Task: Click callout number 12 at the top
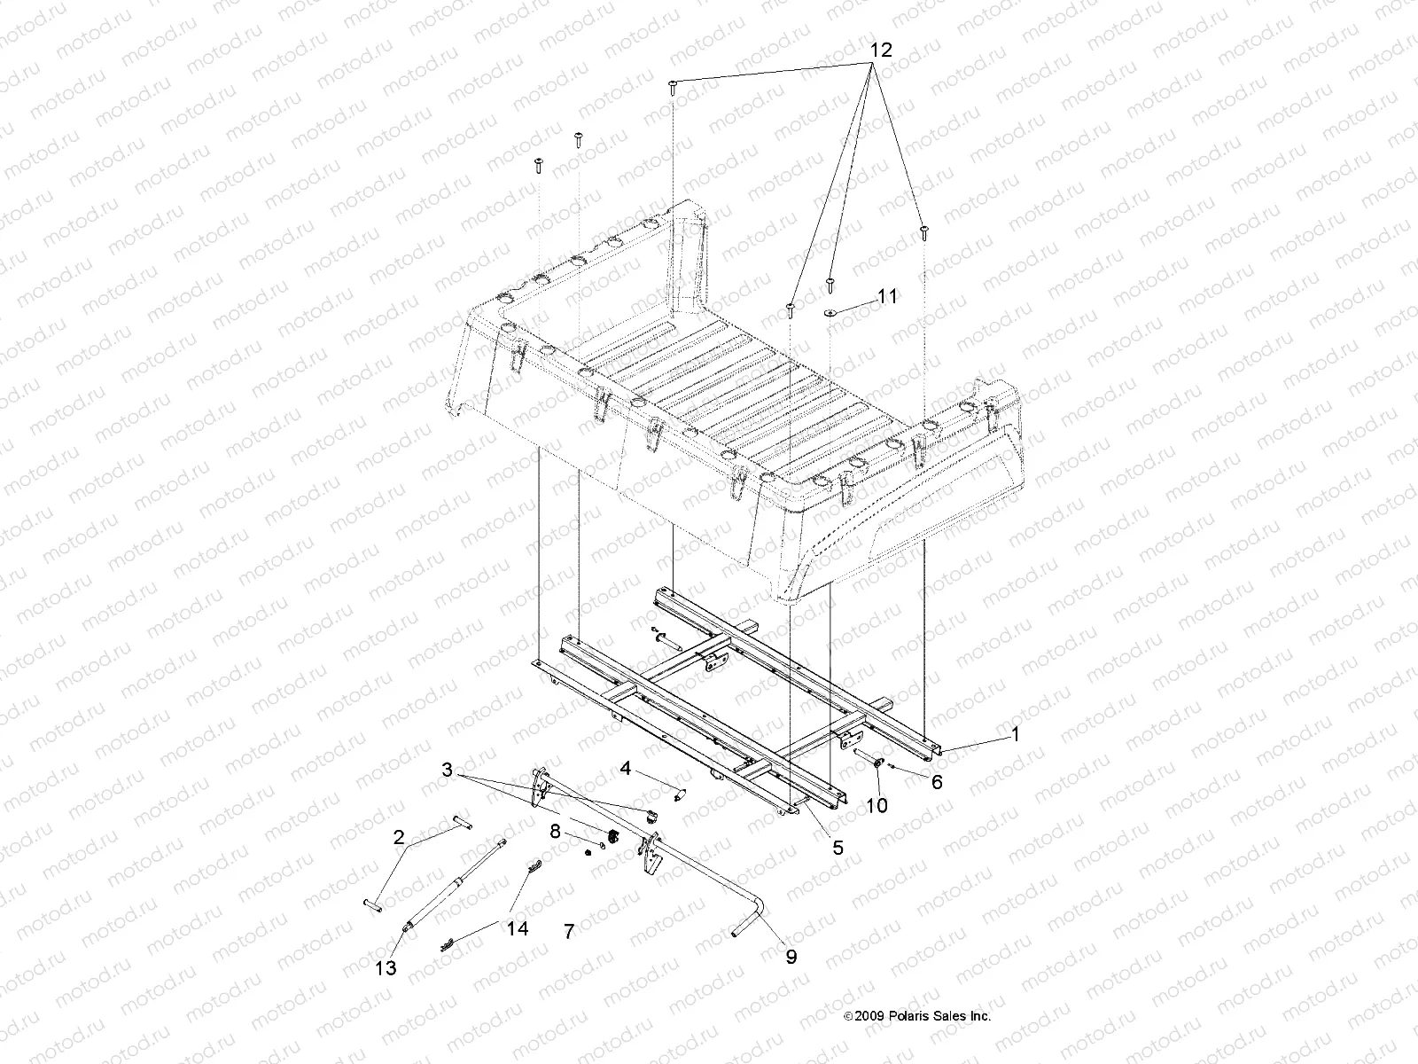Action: pos(879,51)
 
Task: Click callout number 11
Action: pos(887,296)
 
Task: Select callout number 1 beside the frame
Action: pos(1016,734)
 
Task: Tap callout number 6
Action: pos(937,781)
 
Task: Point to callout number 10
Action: pos(877,806)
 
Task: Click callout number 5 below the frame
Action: pos(838,848)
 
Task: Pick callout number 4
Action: pos(626,768)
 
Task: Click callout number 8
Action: pos(556,832)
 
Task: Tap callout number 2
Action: pos(400,836)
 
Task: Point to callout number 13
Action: pos(386,966)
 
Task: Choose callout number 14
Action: pos(518,928)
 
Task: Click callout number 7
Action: pos(569,931)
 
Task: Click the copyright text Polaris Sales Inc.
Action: pos(917,1016)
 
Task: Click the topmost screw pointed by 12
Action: pos(674,86)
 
